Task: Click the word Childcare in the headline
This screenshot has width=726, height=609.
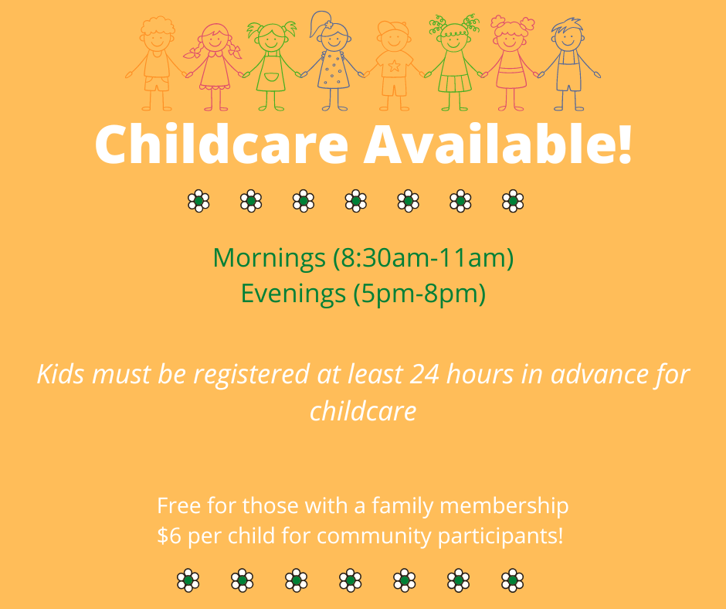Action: [222, 144]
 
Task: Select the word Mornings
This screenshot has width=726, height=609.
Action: [269, 258]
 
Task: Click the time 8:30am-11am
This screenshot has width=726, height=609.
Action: [423, 257]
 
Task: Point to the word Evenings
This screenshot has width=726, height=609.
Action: [293, 294]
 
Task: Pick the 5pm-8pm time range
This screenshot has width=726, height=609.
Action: [419, 294]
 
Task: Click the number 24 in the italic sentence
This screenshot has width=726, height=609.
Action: [424, 374]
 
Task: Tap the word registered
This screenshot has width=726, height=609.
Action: [252, 375]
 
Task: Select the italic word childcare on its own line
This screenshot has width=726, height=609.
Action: [363, 411]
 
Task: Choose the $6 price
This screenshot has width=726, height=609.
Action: [169, 536]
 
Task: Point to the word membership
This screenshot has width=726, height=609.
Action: [504, 506]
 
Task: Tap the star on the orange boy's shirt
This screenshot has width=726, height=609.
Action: [394, 66]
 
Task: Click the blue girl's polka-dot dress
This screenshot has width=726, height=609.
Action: [334, 69]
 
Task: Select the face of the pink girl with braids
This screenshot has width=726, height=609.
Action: [215, 40]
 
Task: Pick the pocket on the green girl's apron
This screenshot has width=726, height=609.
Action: [271, 77]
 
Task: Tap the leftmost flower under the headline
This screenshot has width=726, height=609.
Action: [198, 201]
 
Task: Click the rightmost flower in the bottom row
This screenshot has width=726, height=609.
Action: [513, 580]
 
